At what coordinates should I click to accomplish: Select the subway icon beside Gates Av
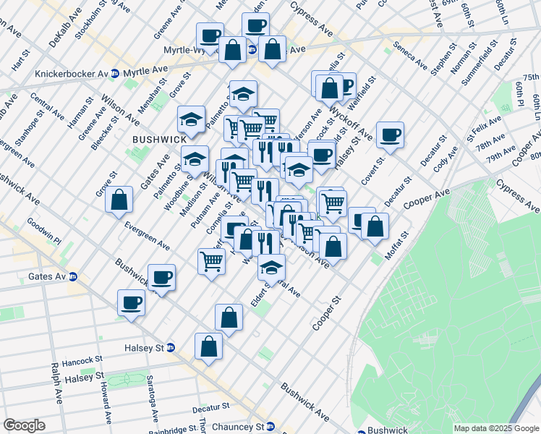[x=72, y=276]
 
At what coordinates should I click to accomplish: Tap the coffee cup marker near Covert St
[x=390, y=135]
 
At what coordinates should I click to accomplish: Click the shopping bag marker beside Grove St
[x=119, y=200]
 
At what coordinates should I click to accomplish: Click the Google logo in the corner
[x=24, y=425]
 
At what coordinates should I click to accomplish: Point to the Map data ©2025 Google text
[x=495, y=428]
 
